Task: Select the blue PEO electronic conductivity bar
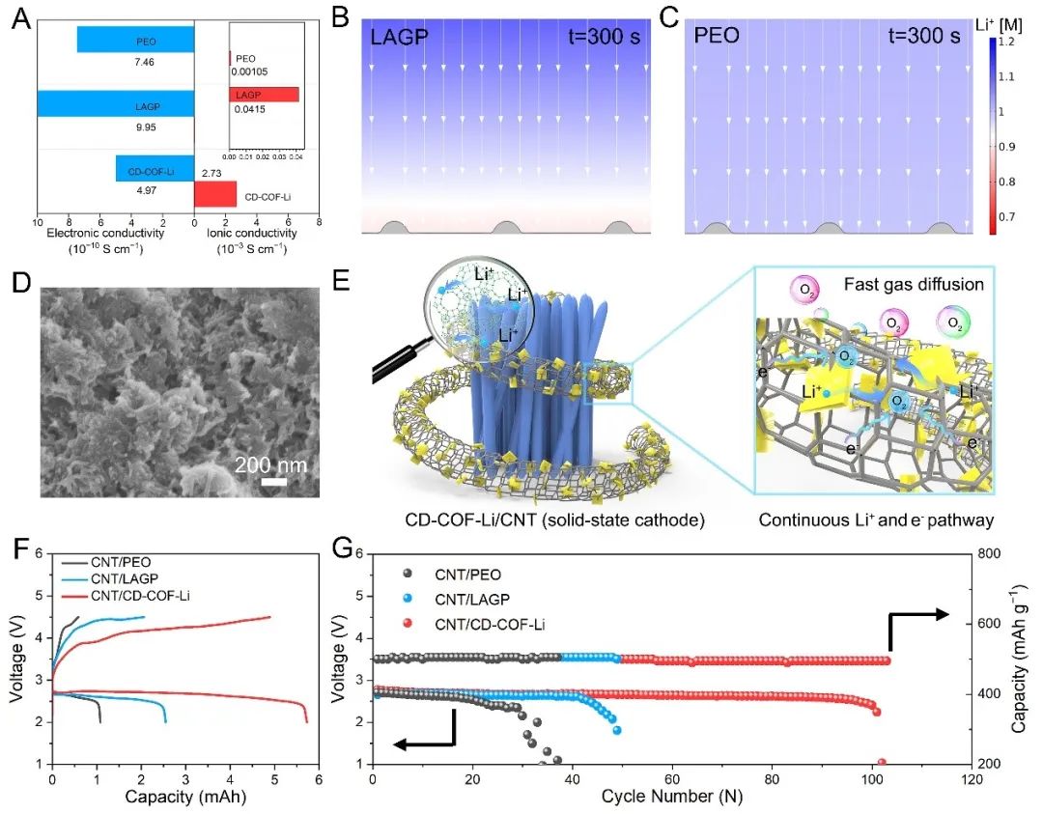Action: point(135,40)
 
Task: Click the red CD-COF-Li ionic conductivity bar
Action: point(214,194)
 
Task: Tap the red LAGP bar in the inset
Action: point(264,95)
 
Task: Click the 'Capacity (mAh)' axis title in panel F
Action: point(183,798)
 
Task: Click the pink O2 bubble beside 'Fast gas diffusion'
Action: point(803,290)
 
